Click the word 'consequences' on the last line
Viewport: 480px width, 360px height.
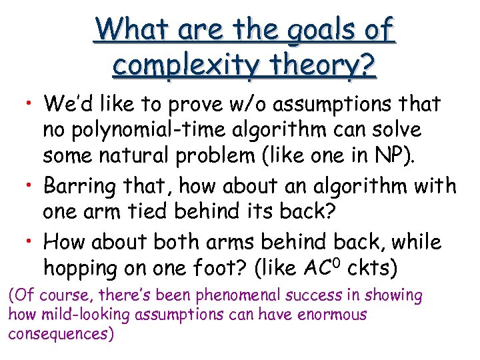[59, 334]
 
